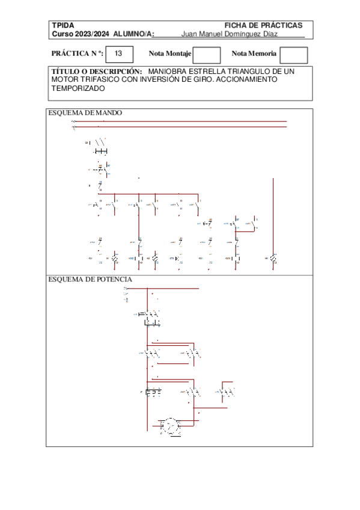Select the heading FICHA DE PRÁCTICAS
pyautogui.click(x=263, y=25)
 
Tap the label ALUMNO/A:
pyautogui.click(x=134, y=34)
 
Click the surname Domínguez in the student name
pyautogui.click(x=246, y=34)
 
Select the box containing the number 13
pyautogui.click(x=118, y=54)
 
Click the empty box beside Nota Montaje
pyautogui.click(x=207, y=55)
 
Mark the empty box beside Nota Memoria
pyautogui.click(x=294, y=55)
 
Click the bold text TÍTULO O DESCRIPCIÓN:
pyautogui.click(x=97, y=71)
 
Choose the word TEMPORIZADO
pyautogui.click(x=78, y=88)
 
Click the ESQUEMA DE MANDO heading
pyautogui.click(x=85, y=112)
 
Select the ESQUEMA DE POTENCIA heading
pyautogui.click(x=90, y=280)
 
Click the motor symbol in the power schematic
pyautogui.click(x=171, y=425)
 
